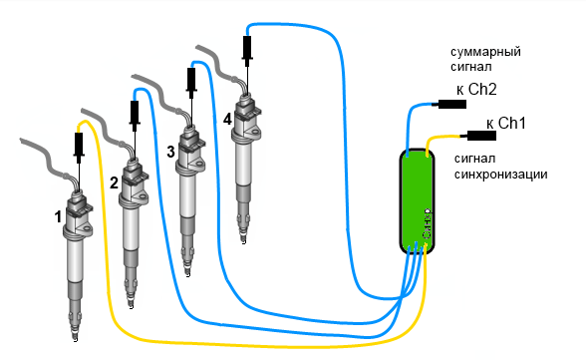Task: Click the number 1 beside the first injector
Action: [x=58, y=216]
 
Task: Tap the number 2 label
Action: [x=114, y=182]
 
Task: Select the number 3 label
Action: [x=170, y=152]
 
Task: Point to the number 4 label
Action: [x=227, y=120]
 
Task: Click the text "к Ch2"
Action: [x=476, y=90]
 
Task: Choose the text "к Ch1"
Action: [x=506, y=123]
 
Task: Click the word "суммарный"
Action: [x=485, y=52]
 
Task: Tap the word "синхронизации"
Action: [x=500, y=175]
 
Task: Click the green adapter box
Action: [x=417, y=201]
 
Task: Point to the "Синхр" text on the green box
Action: [x=428, y=223]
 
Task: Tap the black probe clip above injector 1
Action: [x=79, y=146]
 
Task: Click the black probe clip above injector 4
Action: [x=247, y=49]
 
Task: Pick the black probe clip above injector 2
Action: [x=135, y=114]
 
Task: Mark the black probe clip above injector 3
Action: [x=191, y=81]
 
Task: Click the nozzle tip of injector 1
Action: [x=75, y=338]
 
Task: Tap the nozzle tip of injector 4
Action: [x=243, y=241]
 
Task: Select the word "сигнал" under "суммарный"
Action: [x=470, y=67]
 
